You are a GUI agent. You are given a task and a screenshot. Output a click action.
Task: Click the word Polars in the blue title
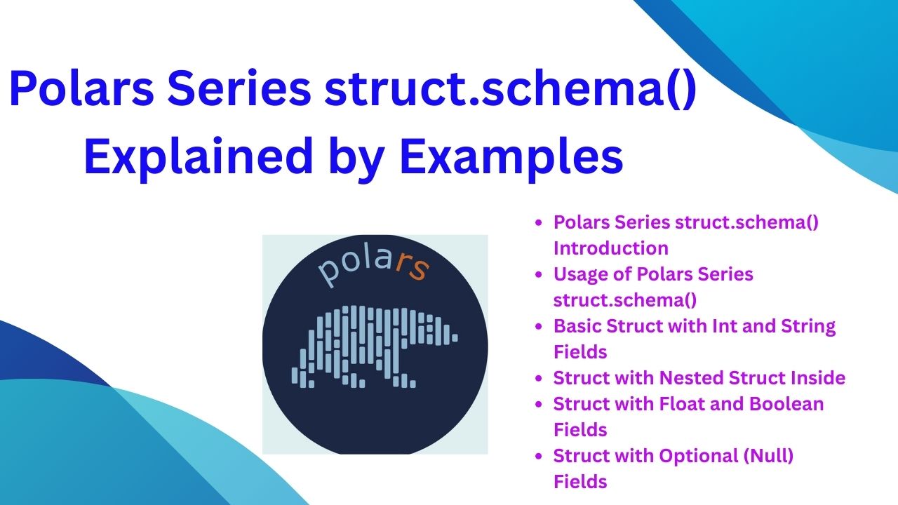click(x=81, y=88)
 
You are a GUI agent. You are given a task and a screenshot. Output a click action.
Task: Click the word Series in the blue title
click(x=239, y=88)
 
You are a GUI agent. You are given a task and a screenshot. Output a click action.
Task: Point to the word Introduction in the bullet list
click(x=611, y=248)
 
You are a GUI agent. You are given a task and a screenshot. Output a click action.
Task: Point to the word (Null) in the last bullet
click(x=768, y=457)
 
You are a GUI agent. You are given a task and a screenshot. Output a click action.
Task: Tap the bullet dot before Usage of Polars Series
click(x=539, y=274)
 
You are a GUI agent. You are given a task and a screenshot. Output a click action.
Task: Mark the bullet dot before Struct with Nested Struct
click(x=539, y=378)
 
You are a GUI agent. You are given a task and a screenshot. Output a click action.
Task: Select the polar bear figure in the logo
click(x=374, y=346)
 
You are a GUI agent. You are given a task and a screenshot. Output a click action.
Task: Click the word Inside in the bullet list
click(x=818, y=377)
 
